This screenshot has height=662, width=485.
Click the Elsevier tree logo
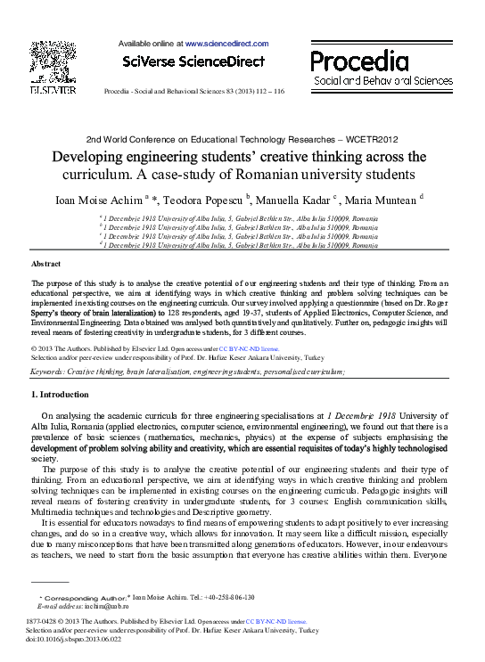[x=53, y=61]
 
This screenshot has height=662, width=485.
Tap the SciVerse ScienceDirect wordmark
[x=193, y=61]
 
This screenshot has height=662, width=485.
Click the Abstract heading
[x=45, y=265]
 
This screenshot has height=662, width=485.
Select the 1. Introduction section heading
[x=61, y=393]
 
